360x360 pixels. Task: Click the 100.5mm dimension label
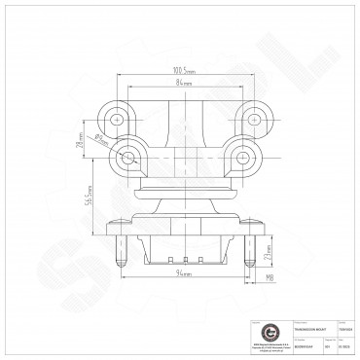pyautogui.click(x=184, y=71)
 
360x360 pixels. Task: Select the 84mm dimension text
pyautogui.click(x=184, y=85)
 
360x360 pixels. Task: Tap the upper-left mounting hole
pyautogui.click(x=120, y=121)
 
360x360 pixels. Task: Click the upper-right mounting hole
pyautogui.click(x=256, y=121)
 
